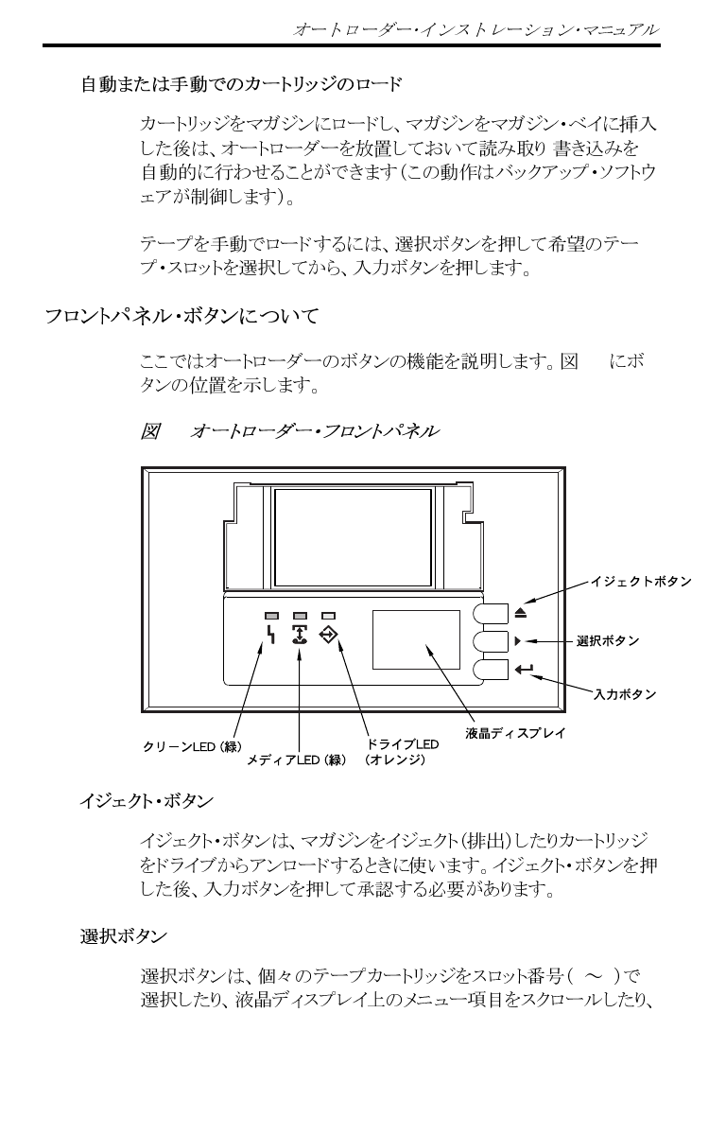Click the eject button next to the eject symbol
point(491,612)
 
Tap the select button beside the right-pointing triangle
point(491,641)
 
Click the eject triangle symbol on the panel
point(522,613)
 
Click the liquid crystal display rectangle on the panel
point(416,640)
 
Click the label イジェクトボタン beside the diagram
point(641,580)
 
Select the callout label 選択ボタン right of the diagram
point(608,641)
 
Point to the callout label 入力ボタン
point(625,694)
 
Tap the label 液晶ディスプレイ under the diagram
point(515,732)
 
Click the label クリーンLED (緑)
point(192,746)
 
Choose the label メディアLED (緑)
point(297,760)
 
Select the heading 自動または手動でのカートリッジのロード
point(241,85)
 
